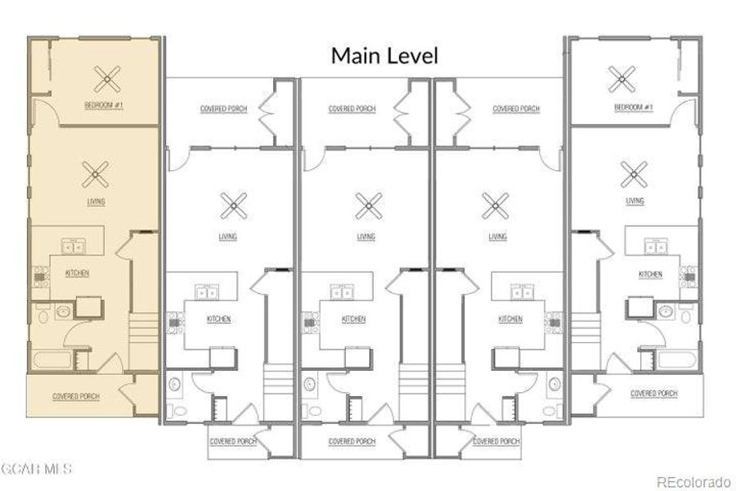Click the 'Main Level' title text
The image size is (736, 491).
click(x=384, y=56)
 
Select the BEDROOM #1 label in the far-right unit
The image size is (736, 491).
click(x=633, y=107)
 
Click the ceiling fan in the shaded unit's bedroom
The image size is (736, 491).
click(x=105, y=79)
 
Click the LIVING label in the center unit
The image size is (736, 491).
click(x=366, y=236)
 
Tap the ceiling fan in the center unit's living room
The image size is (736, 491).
click(x=368, y=205)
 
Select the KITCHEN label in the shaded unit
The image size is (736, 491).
click(x=77, y=273)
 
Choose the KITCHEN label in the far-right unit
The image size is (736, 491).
click(x=650, y=273)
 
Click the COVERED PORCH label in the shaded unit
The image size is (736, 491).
click(x=75, y=396)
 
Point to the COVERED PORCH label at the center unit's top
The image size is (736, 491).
click(x=352, y=109)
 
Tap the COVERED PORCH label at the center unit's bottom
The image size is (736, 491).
click(x=352, y=441)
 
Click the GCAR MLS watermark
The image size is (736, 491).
click(x=36, y=469)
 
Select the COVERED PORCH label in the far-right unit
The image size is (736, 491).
click(x=653, y=394)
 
